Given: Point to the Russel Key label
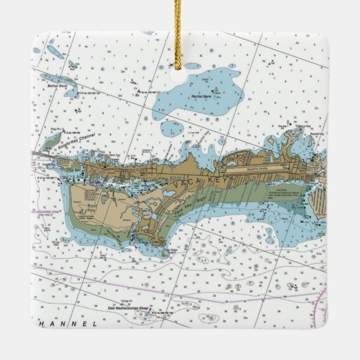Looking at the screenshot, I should (x=318, y=134).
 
